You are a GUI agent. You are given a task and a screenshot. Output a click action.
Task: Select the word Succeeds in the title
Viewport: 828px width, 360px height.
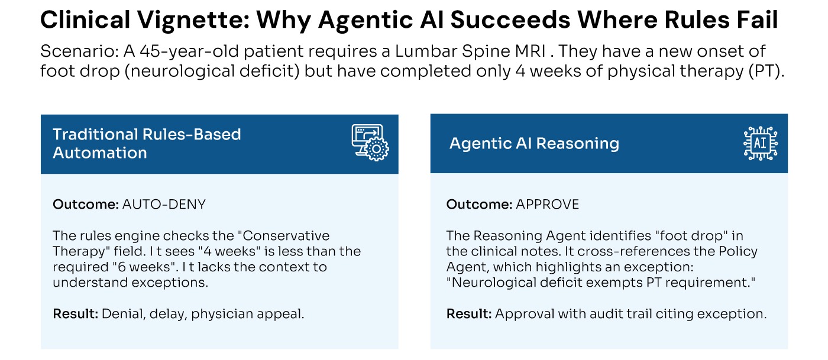pos(510,20)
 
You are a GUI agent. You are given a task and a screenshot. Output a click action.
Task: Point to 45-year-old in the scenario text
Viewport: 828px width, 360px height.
pos(189,51)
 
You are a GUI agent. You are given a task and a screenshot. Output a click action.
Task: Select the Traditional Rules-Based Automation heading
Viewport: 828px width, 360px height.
pos(147,144)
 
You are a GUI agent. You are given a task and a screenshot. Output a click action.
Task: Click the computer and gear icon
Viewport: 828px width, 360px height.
pos(370,142)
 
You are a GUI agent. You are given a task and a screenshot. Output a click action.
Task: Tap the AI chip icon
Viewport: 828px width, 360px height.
pos(761,144)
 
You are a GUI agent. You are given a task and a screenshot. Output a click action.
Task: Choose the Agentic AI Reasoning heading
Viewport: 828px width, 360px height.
pos(534,144)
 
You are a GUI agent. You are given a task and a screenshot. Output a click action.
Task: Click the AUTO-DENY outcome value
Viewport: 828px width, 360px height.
pos(164,205)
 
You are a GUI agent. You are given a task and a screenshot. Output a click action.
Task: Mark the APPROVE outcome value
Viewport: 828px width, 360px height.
pos(547,205)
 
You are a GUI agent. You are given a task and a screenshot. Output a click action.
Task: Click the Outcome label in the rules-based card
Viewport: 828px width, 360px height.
pos(86,205)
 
